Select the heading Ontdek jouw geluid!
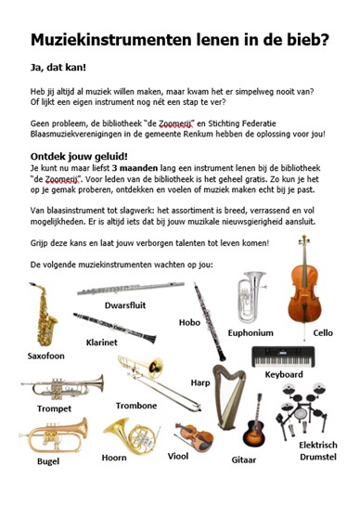click(x=79, y=156)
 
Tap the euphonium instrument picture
click(x=251, y=294)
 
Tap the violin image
click(x=192, y=437)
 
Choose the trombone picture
click(x=153, y=372)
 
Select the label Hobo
click(x=189, y=322)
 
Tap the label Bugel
click(x=47, y=460)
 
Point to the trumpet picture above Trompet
click(x=63, y=384)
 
